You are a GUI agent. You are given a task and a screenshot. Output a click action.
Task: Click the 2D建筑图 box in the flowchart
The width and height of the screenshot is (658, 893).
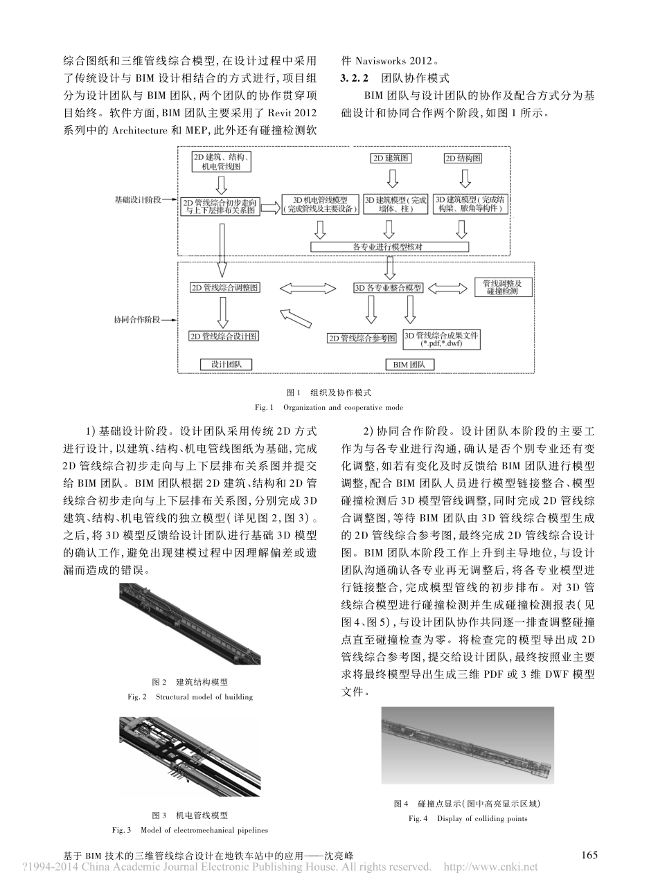point(391,159)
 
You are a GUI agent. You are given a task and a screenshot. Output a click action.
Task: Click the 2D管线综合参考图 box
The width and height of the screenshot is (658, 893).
point(362,339)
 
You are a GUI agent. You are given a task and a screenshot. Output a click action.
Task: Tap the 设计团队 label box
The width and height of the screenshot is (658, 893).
point(226,363)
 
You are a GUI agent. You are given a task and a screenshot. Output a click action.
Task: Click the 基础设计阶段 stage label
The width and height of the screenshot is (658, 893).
point(138,199)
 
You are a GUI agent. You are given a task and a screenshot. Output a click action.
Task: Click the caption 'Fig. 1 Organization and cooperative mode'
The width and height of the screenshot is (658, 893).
point(328,407)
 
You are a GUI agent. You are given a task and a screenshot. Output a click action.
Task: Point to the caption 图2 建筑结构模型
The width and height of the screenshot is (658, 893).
point(190,682)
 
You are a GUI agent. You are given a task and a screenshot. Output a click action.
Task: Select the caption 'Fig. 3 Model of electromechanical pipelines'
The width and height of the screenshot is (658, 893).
point(190,829)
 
